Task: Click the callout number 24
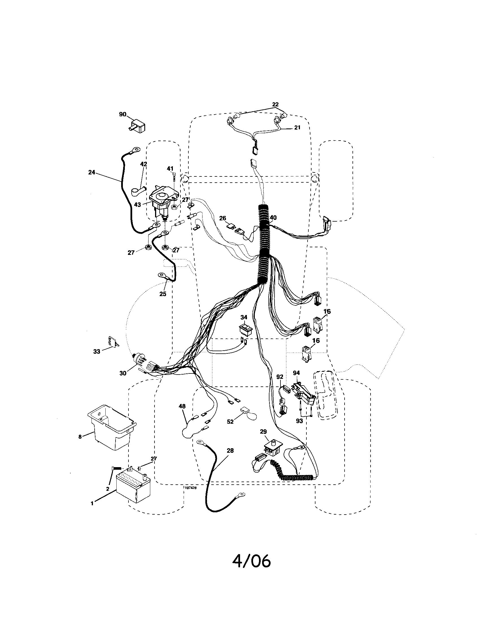pos(92,172)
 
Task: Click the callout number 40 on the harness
pos(273,218)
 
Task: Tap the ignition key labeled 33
pos(111,341)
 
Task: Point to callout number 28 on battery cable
pos(230,451)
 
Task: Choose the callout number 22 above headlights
pos(275,104)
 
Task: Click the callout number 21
pos(297,128)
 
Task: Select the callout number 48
pos(182,406)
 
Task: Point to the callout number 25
pos(163,294)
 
